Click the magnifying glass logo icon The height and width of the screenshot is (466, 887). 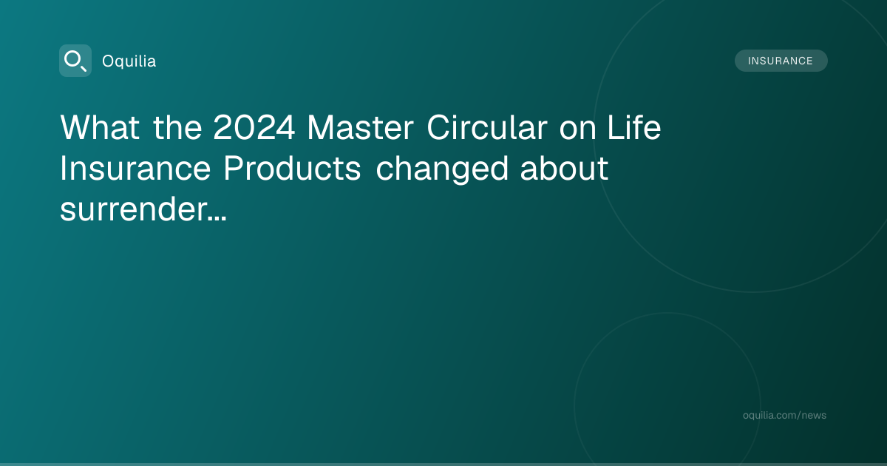point(75,61)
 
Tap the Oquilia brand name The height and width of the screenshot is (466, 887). point(129,61)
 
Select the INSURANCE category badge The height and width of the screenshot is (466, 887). point(781,61)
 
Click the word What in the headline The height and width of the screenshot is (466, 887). point(100,127)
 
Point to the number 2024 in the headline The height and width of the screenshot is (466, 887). point(254,127)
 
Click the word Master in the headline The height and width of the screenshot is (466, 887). point(361,127)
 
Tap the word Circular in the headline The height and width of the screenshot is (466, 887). point(487,127)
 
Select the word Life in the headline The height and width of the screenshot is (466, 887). point(634,126)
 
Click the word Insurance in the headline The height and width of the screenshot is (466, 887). point(135,168)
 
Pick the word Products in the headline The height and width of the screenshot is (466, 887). point(292,168)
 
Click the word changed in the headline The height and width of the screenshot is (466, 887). point(441,169)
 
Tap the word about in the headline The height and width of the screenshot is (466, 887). point(564,168)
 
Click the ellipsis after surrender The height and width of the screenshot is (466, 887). point(217,218)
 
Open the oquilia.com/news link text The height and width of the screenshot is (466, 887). point(784,415)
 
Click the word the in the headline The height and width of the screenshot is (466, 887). point(177,127)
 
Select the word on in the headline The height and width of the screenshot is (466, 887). point(578,130)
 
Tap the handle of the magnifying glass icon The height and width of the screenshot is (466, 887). point(84,68)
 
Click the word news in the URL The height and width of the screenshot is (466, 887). point(814,415)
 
